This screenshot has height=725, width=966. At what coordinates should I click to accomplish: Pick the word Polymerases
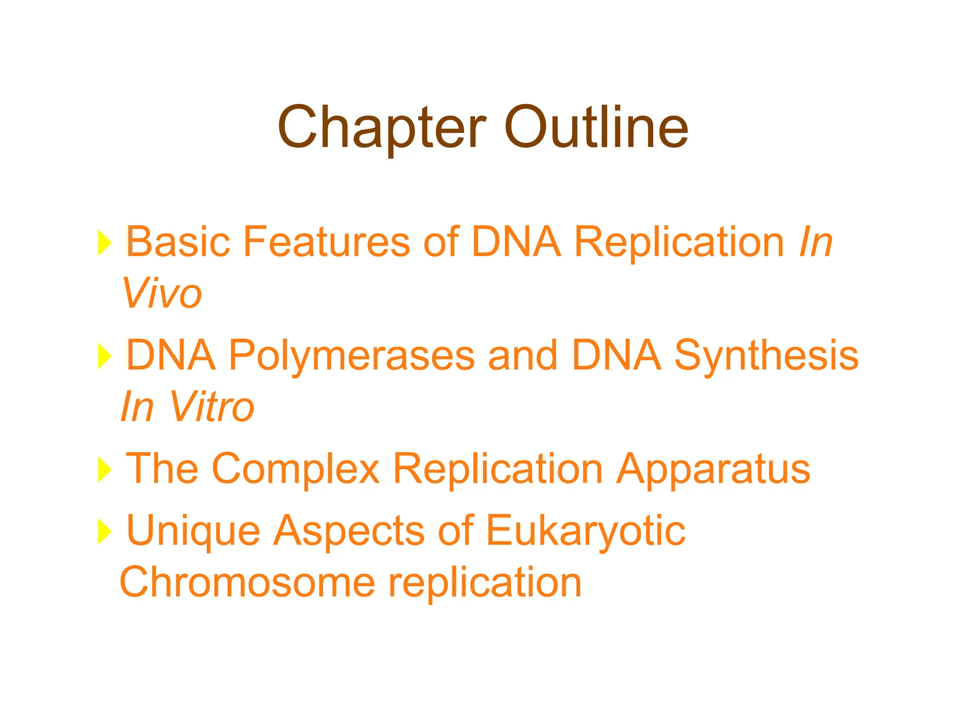pyautogui.click(x=352, y=355)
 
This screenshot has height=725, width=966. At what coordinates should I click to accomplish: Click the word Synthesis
pyautogui.click(x=766, y=355)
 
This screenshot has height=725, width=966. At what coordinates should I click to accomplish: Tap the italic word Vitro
pyautogui.click(x=212, y=407)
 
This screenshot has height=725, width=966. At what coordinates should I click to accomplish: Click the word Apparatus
pyautogui.click(x=714, y=469)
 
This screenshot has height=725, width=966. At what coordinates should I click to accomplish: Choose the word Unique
pyautogui.click(x=193, y=531)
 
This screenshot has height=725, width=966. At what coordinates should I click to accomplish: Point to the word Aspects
pyautogui.click(x=349, y=531)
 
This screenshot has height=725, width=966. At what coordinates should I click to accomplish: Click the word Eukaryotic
pyautogui.click(x=585, y=531)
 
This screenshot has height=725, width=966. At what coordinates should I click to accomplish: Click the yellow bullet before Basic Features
pyautogui.click(x=104, y=243)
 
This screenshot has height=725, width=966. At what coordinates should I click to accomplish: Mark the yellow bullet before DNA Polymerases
pyautogui.click(x=104, y=356)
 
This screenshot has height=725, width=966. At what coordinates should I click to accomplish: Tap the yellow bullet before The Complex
pyautogui.click(x=104, y=470)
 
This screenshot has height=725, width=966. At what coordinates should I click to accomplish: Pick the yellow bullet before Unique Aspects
pyautogui.click(x=104, y=531)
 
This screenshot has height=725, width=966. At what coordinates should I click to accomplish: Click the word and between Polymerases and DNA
pyautogui.click(x=523, y=355)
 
